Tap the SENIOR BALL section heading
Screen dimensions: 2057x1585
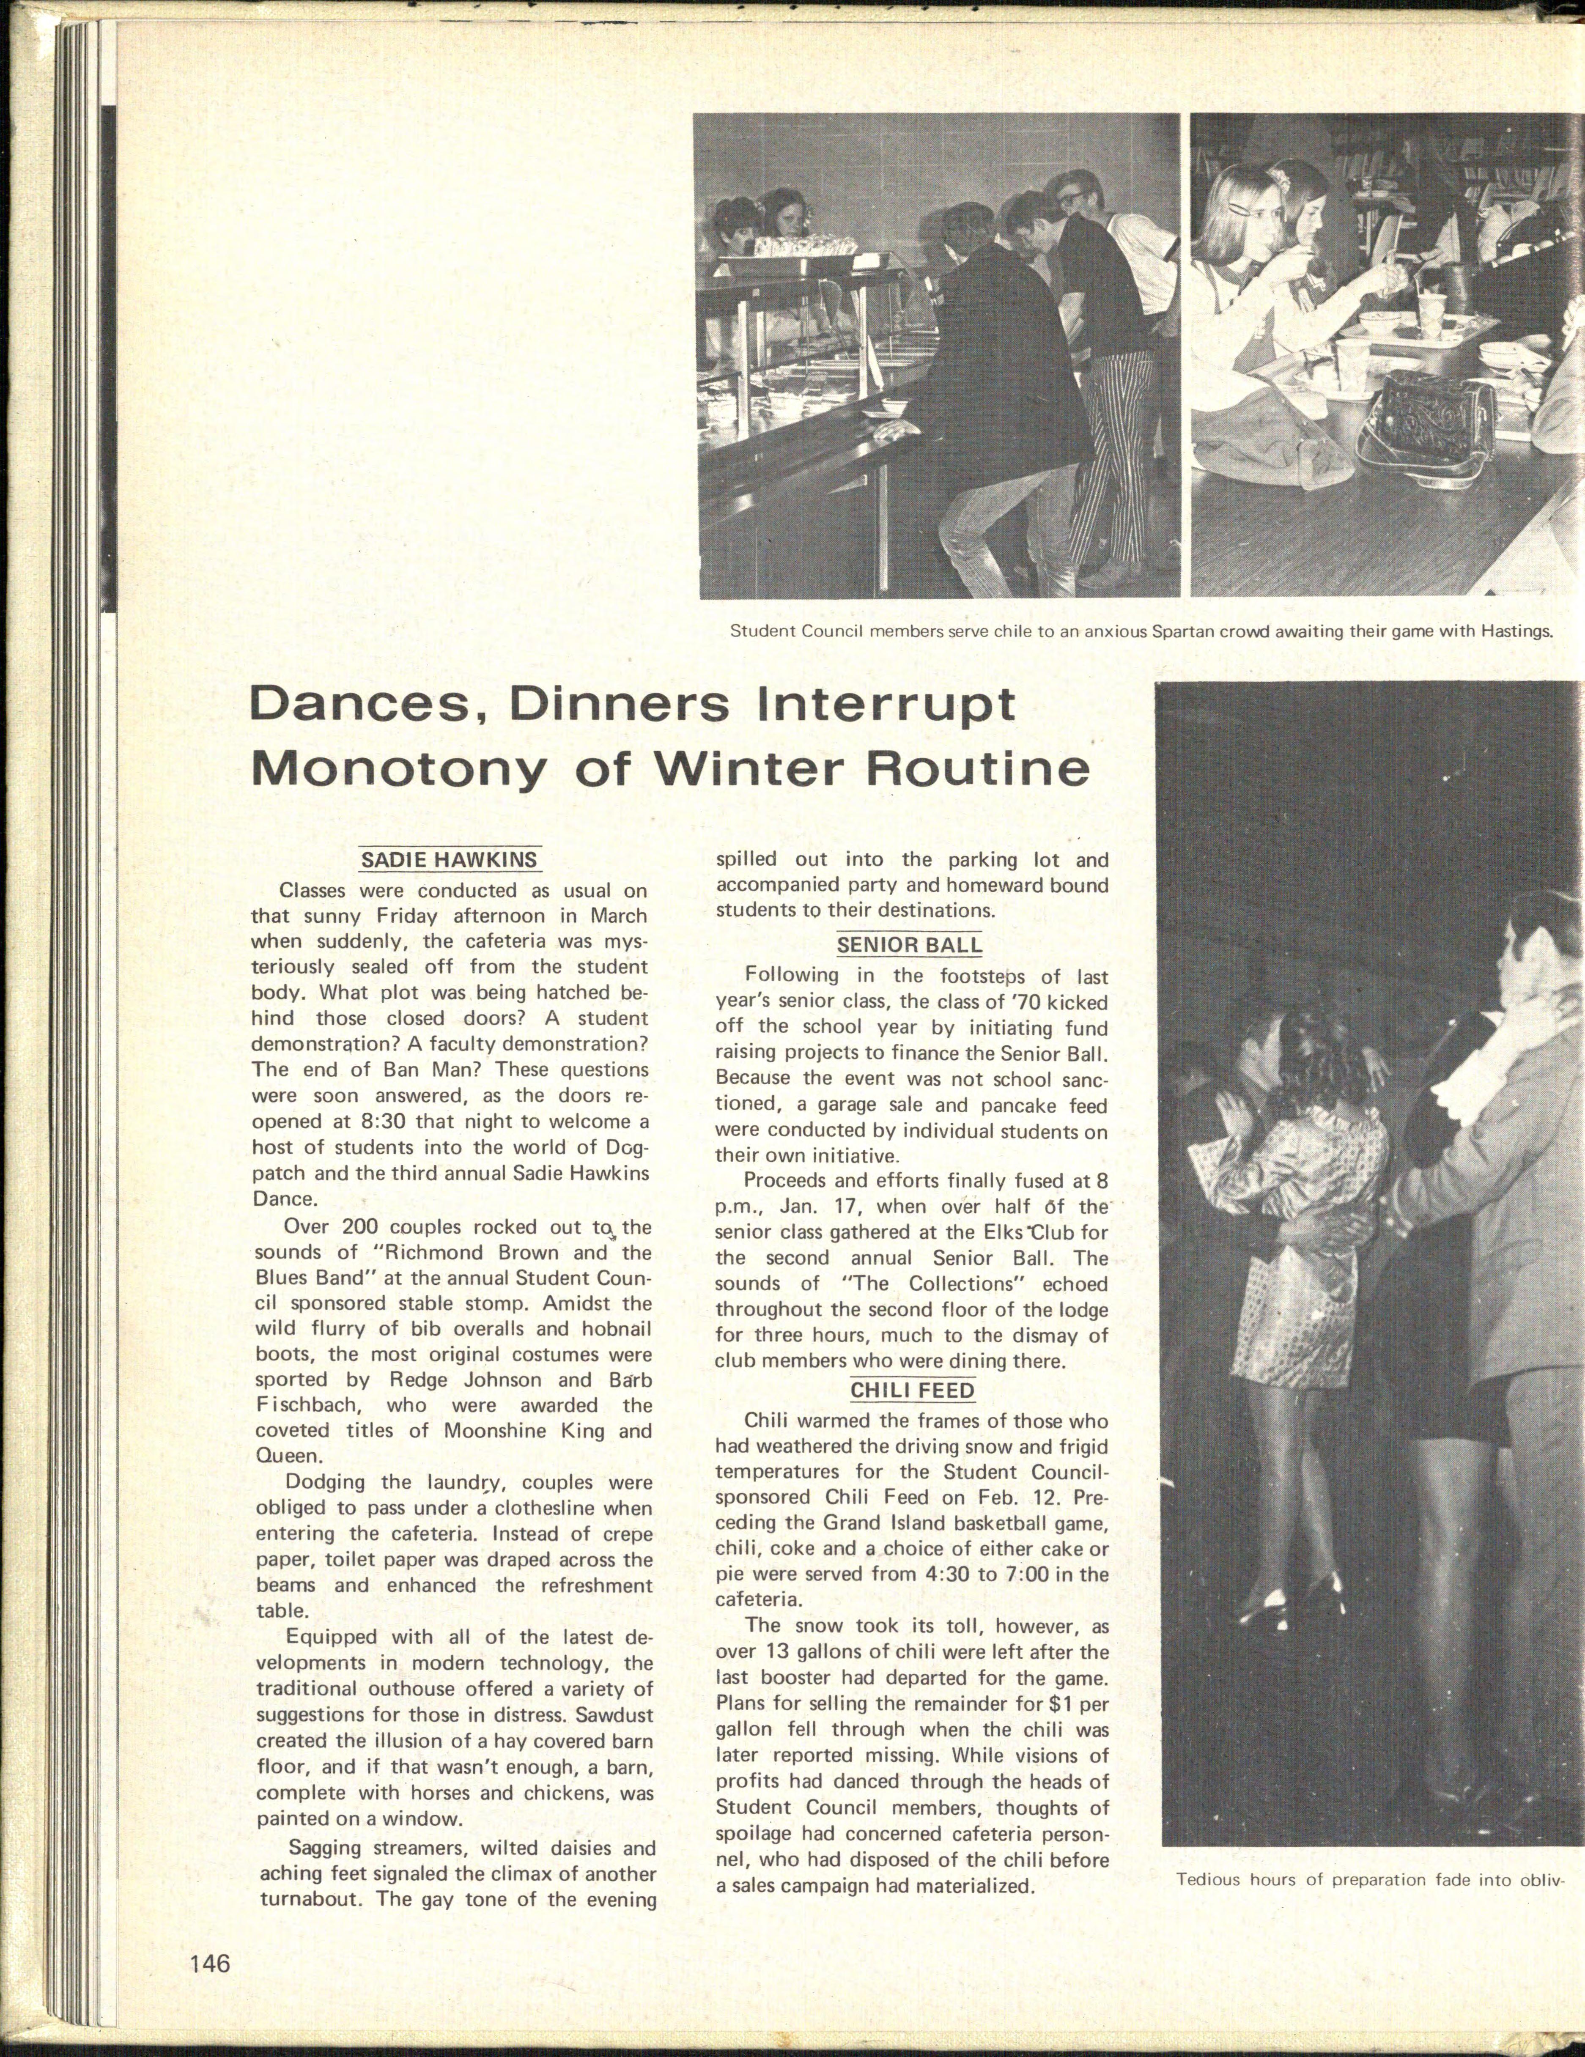tap(909, 944)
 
